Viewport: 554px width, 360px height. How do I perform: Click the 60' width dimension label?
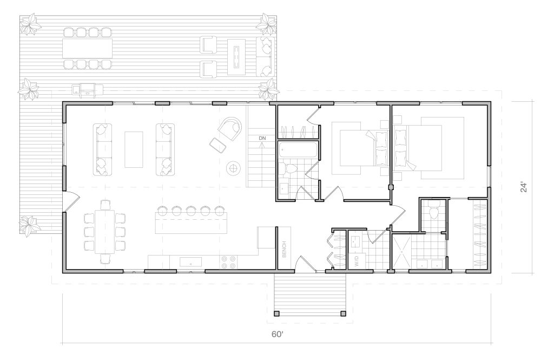[278, 334]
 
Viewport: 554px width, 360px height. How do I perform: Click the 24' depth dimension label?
[524, 187]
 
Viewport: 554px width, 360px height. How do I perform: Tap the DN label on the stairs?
[262, 138]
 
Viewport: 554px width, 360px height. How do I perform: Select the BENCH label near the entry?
[285, 250]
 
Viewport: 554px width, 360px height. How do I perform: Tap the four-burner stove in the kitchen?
[229, 262]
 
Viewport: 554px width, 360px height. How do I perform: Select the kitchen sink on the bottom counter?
[191, 262]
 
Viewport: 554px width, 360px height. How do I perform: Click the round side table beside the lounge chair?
[234, 168]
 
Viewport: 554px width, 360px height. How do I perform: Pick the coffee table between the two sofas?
[134, 149]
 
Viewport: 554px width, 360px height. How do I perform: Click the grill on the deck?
[87, 90]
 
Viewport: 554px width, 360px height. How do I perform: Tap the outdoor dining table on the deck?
[87, 48]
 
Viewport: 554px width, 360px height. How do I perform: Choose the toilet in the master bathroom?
[433, 212]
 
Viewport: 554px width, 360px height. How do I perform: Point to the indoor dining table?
[104, 232]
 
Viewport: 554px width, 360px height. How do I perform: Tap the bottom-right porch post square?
[344, 313]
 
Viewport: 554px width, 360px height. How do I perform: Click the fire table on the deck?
[236, 57]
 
